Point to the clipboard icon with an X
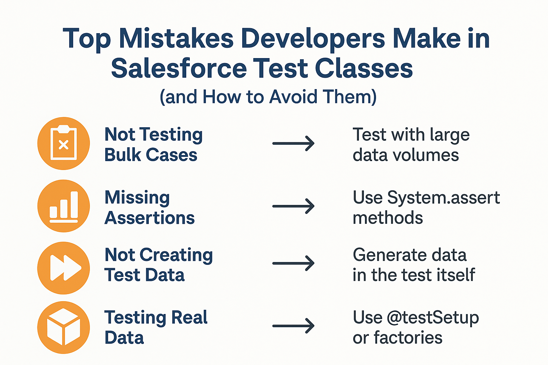click(x=64, y=143)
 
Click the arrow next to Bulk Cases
click(x=293, y=143)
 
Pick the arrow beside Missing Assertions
click(x=293, y=206)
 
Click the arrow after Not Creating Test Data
click(x=293, y=263)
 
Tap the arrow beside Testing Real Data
click(x=293, y=326)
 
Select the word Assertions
click(x=149, y=217)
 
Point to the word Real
click(x=189, y=317)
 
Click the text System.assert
click(x=443, y=197)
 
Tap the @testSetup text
click(x=433, y=318)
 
